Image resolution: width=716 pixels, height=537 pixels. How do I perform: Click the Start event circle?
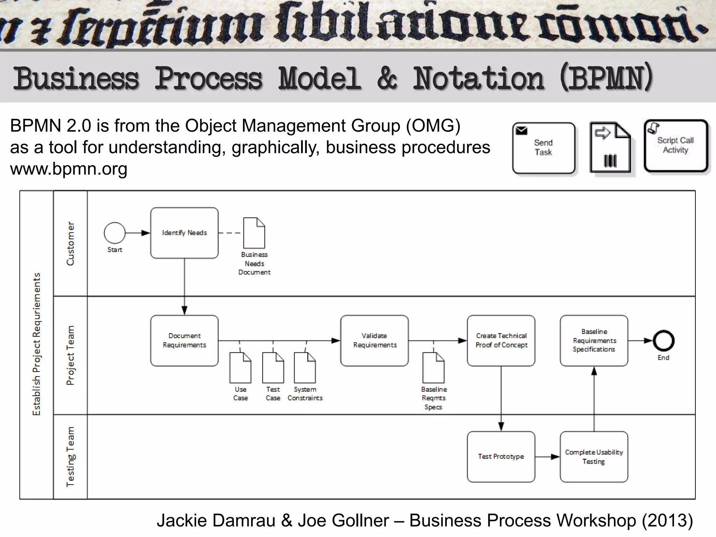point(115,233)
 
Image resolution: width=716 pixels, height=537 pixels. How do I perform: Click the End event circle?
point(664,341)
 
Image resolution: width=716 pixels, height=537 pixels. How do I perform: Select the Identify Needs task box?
point(184,233)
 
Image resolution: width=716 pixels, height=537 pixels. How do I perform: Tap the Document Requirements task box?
point(184,341)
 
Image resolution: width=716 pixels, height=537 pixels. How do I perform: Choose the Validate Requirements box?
point(374,341)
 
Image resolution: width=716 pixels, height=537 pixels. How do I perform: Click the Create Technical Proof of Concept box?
point(501,341)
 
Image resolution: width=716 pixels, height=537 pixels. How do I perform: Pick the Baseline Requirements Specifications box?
point(594,341)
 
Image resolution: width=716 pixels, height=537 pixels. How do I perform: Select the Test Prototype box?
point(501,457)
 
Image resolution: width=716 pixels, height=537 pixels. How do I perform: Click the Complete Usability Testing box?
point(594,457)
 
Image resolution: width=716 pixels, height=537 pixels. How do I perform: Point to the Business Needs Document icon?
point(254,233)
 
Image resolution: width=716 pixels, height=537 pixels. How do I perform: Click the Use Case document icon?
point(240,368)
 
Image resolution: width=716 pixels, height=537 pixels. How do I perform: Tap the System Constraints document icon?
point(305,368)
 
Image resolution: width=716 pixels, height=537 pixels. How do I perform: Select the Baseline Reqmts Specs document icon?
point(434,368)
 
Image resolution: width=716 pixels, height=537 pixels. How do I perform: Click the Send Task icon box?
point(544,148)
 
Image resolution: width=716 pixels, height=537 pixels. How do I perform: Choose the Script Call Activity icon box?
point(676,146)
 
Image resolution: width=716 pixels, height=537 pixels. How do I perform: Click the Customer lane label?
point(70,243)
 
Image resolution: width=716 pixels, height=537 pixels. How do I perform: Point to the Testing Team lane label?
point(70,457)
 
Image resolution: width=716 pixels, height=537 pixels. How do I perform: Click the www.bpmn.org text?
point(69,169)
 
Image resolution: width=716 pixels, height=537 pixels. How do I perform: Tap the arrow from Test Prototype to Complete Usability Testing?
point(547,457)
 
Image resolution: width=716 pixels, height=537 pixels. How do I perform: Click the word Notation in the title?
point(478,78)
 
